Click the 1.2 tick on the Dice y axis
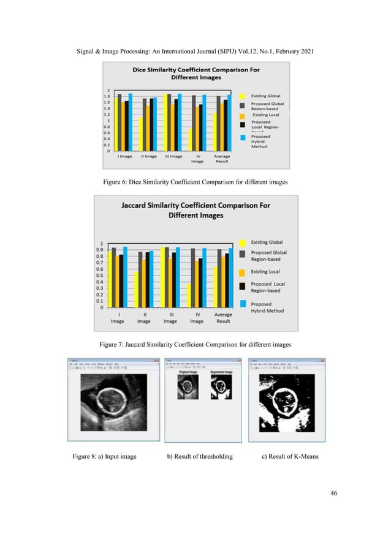click(x=108, y=114)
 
